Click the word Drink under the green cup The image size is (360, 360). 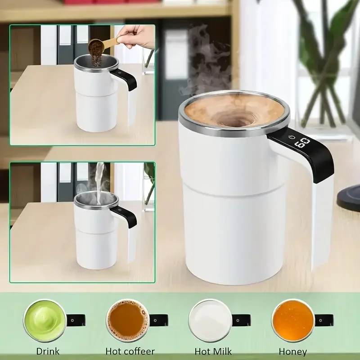(48, 351)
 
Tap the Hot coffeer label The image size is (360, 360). (130, 351)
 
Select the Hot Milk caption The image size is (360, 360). (213, 351)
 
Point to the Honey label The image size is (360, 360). (293, 351)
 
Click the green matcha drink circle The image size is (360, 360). (45, 320)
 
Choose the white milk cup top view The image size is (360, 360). (210, 320)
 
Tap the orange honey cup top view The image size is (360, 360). (293, 320)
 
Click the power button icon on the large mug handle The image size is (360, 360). (292, 137)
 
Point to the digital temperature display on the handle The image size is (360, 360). (302, 143)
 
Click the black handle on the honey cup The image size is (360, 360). (324, 320)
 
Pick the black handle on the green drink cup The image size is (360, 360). (76, 320)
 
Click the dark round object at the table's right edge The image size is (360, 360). (348, 198)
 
